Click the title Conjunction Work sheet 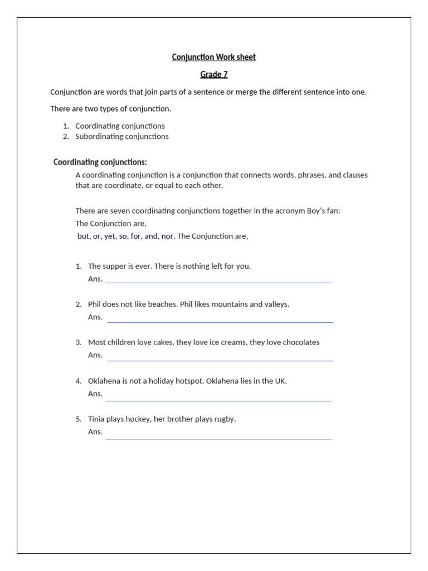click(214, 57)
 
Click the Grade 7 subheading click(214, 74)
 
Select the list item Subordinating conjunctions click(122, 136)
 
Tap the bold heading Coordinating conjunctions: click(100, 162)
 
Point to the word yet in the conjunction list click(110, 236)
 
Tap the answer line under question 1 click(218, 283)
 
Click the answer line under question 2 click(220, 322)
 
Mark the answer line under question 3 click(220, 360)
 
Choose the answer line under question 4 click(218, 400)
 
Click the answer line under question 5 click(218, 439)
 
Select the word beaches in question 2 click(160, 304)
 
